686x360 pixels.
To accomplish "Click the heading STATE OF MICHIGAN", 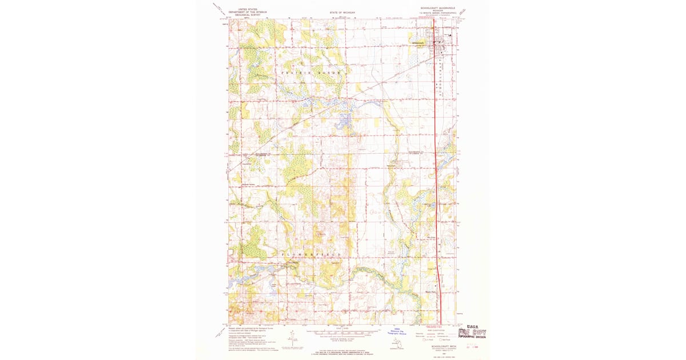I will tap(342, 12).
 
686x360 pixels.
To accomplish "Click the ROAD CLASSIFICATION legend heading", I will tap(438, 330).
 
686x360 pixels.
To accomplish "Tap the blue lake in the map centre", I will tap(344, 120).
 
